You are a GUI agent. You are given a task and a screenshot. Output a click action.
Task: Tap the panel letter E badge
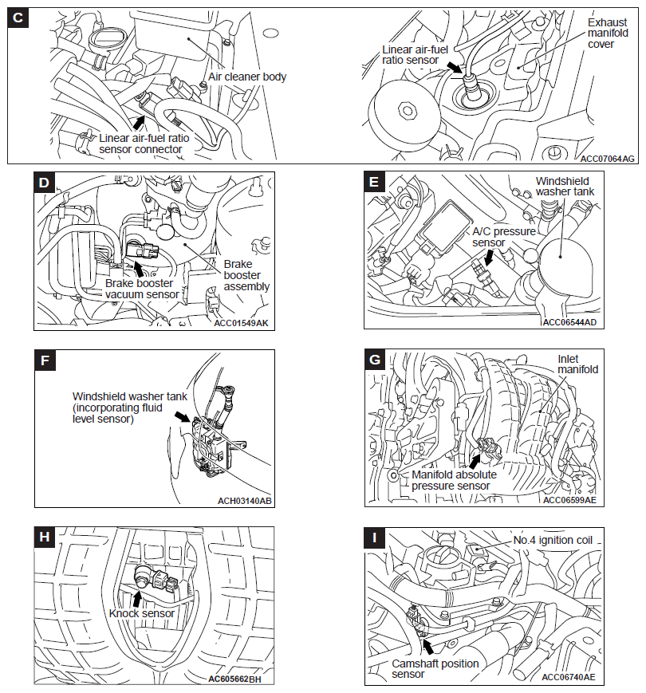coord(375,183)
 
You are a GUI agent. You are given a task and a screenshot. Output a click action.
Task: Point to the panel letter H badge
coord(45,537)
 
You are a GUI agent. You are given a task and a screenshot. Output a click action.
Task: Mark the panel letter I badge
coord(375,538)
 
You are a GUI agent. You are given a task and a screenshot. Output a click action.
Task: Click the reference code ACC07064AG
coord(608,159)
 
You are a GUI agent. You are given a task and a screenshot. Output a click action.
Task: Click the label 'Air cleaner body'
coord(247,77)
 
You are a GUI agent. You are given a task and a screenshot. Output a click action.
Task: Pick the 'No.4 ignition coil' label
coord(557,540)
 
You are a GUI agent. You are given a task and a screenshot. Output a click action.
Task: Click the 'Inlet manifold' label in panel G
coord(577,364)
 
